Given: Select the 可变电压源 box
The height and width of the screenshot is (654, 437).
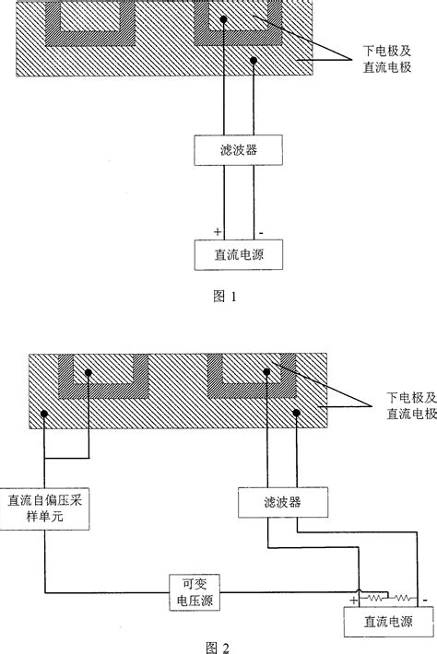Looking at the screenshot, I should pos(199,590).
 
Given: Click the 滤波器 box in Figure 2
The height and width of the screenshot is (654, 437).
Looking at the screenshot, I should pos(282,503).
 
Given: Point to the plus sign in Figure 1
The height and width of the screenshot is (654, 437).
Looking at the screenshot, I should pos(218,230).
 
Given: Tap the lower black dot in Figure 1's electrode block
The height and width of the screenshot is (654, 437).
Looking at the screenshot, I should pos(254,60).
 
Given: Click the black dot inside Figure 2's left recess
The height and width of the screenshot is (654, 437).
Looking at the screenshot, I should pos(88,373).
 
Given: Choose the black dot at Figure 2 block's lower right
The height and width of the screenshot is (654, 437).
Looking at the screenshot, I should pos(298,414).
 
